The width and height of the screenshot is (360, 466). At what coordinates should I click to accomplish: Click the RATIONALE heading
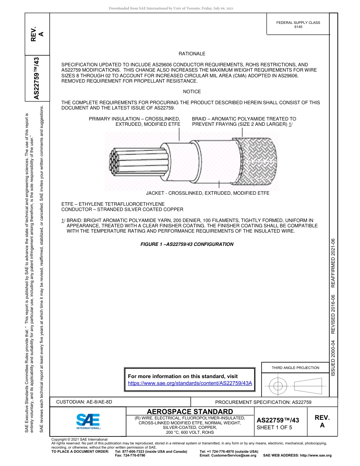click(192, 54)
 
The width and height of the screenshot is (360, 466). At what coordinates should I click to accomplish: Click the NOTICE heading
click(192, 92)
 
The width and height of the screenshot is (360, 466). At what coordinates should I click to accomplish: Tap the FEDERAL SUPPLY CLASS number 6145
click(298, 27)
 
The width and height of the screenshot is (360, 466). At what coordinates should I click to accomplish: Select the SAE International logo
click(88, 421)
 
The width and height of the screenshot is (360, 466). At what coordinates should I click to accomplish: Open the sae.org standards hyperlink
click(190, 383)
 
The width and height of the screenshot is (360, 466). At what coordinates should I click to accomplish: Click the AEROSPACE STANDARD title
click(190, 411)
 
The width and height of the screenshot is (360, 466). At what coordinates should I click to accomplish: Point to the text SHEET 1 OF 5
click(275, 428)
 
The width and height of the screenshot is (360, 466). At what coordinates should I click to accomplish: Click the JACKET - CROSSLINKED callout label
click(208, 193)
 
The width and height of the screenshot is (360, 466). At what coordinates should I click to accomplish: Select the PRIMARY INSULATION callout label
click(135, 122)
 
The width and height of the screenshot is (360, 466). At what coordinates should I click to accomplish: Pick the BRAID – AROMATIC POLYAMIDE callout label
click(244, 122)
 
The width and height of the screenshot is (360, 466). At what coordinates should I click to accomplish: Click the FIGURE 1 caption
click(187, 244)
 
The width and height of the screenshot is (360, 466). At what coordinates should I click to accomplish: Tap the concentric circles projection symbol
click(278, 386)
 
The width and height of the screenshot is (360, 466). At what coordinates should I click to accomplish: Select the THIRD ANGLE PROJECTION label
click(295, 368)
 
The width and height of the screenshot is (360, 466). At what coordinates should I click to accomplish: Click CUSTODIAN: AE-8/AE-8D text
click(84, 402)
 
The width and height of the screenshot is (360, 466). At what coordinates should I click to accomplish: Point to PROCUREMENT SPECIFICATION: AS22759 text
click(263, 402)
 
